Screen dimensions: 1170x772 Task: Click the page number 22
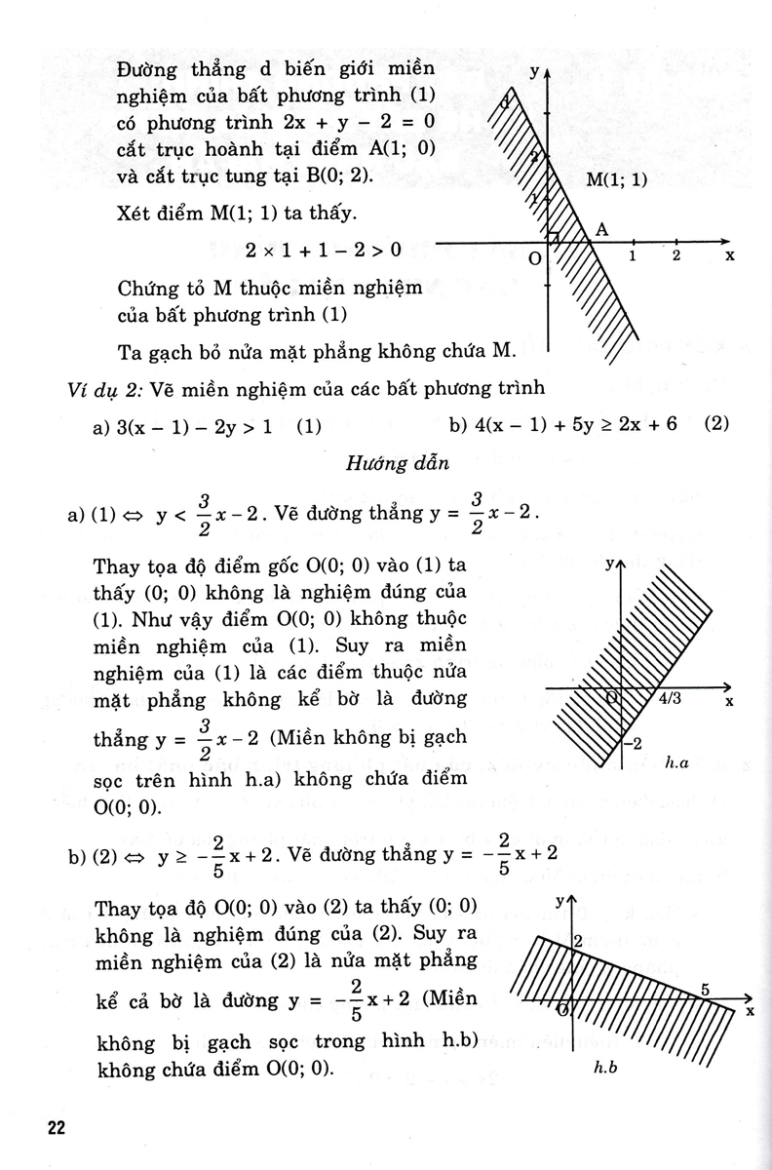coord(56,1128)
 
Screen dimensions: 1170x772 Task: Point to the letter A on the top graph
coord(601,228)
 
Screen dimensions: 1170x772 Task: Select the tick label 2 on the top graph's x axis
coord(675,255)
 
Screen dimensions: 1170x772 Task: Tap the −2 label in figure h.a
coord(634,744)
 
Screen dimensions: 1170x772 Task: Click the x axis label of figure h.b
coord(751,1010)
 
